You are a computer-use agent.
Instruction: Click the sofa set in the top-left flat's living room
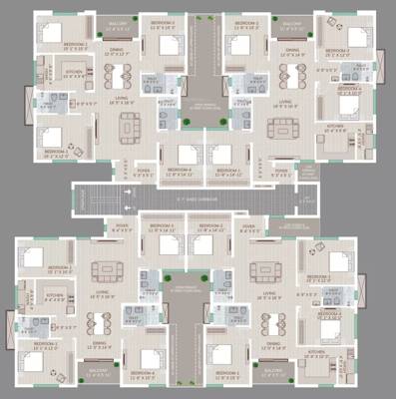pyautogui.click(x=129, y=127)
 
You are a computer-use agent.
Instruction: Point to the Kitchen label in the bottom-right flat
pyautogui.click(x=316, y=352)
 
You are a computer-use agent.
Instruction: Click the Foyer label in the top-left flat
pyautogui.click(x=145, y=170)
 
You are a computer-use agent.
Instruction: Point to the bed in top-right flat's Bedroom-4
pyautogui.click(x=345, y=106)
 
